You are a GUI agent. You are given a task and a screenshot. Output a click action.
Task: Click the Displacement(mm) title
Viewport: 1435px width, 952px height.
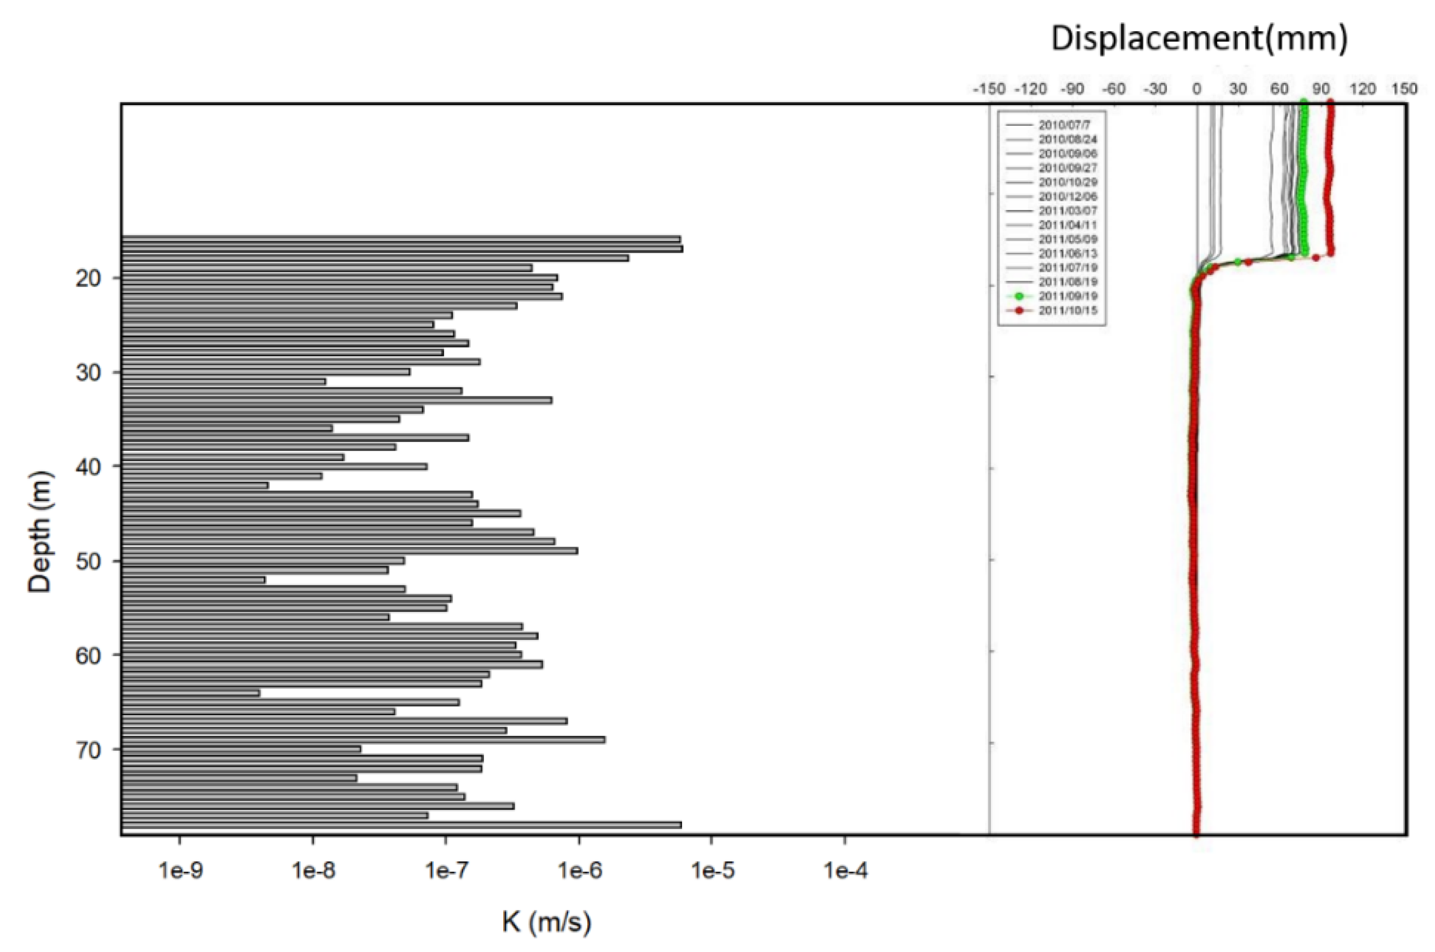point(1199,38)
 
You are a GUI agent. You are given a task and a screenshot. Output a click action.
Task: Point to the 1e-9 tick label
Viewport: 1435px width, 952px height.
point(180,871)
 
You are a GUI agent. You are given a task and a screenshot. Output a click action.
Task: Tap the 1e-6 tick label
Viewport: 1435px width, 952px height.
point(579,871)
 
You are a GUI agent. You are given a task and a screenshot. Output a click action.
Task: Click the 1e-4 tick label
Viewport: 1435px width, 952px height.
point(845,871)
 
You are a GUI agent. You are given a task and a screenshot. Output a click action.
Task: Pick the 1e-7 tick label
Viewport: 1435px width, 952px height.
point(446,871)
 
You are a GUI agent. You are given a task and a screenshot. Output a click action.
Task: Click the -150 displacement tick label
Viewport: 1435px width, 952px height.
point(989,89)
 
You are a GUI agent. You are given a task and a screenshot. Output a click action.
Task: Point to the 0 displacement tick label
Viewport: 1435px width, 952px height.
point(1197,89)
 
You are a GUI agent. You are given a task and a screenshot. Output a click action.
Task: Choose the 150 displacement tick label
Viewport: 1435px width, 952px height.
point(1404,89)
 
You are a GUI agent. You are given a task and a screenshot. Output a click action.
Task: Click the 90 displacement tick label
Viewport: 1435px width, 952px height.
point(1321,89)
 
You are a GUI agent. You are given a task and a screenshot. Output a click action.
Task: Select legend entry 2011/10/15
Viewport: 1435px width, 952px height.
point(1067,311)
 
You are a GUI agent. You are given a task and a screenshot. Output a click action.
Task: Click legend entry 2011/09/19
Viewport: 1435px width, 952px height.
point(1067,296)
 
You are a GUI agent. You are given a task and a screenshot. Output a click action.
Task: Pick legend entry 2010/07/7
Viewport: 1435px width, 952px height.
point(1064,125)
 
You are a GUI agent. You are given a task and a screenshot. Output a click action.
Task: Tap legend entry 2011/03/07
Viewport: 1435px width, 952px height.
point(1067,211)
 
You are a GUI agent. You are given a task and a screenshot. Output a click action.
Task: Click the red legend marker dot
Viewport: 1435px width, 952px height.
point(1019,311)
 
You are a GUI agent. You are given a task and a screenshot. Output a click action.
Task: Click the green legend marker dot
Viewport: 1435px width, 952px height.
point(1019,296)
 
